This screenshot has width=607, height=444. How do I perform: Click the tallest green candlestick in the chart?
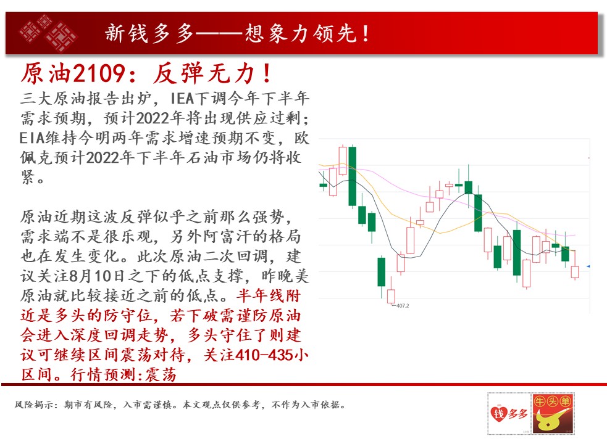click(352, 176)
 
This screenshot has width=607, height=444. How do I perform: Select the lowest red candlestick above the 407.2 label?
click(391, 296)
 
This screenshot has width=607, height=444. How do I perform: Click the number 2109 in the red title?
click(99, 73)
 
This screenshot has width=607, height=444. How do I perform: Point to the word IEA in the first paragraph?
click(182, 99)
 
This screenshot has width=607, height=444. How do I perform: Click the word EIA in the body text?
click(31, 138)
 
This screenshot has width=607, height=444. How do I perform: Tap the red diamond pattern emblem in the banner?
click(48, 33)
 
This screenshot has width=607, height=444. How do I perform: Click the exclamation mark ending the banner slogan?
click(366, 33)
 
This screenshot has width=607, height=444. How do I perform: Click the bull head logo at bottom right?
click(553, 413)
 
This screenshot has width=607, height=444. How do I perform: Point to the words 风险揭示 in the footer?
click(33, 405)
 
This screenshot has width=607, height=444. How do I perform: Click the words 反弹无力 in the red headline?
click(204, 73)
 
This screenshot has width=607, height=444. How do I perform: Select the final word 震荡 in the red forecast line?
click(161, 375)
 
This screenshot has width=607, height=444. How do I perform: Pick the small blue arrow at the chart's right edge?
click(588, 266)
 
